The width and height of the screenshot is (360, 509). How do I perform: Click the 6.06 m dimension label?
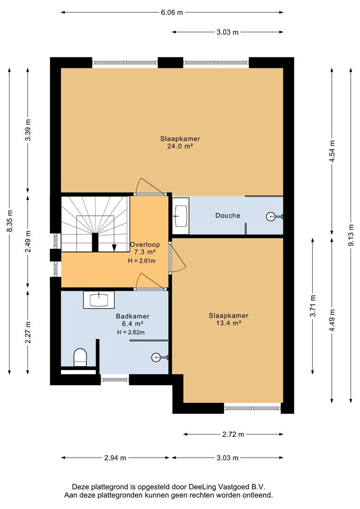tap(172, 13)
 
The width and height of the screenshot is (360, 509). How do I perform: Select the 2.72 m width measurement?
tap(233, 435)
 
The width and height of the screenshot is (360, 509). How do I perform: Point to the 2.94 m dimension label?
tap(115, 458)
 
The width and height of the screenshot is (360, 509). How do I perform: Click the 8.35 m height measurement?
tap(10, 221)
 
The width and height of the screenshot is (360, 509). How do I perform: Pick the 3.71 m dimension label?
tap(312, 306)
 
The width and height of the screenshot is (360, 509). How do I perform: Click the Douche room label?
tap(228, 215)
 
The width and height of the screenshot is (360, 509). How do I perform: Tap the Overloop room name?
tap(145, 245)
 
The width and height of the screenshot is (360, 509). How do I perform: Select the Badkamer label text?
tap(133, 316)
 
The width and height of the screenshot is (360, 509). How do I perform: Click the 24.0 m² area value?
tap(180, 146)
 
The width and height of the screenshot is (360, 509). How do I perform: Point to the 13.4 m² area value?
tap(229, 323)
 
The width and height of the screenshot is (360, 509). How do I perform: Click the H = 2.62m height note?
tap(131, 332)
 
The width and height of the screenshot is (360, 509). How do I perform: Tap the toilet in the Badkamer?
tap(80, 357)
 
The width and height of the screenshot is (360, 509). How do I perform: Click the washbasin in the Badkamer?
tap(99, 300)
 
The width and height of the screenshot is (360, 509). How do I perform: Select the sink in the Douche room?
tap(181, 215)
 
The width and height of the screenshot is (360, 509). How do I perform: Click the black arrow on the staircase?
tap(114, 248)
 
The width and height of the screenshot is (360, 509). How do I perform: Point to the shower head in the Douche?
tap(273, 216)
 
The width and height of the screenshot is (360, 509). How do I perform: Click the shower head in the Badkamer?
tap(158, 358)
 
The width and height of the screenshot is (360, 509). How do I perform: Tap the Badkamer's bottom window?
tap(115, 379)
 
